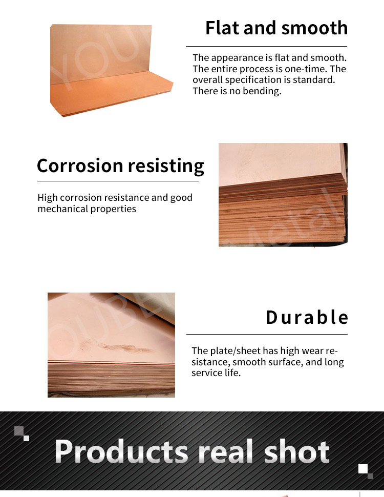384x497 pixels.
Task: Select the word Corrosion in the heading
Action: pos(80,165)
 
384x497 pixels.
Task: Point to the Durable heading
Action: pos(307,317)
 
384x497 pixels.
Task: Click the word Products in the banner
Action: pos(121,451)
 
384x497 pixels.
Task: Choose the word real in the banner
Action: pos(226,451)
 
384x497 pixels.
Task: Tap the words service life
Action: pos(216,373)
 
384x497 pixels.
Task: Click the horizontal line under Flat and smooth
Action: pos(266,46)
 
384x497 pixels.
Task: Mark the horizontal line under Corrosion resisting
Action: pos(118,181)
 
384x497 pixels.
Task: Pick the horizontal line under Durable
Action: pos(267,334)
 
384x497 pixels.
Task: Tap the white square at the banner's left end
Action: pos(26,438)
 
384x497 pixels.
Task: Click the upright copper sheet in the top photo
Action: pos(101,54)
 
